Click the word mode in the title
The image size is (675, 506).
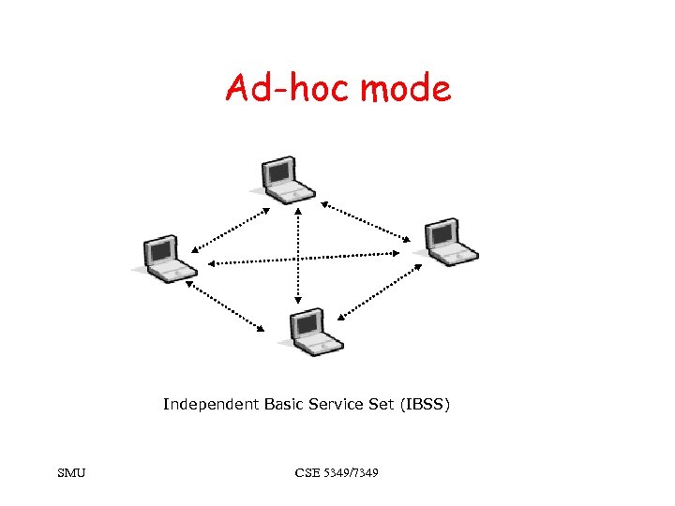[x=406, y=89]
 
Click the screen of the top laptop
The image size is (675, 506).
[x=278, y=171]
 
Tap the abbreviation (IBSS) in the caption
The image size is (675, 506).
[x=426, y=405]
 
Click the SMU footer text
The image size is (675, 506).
[x=70, y=473]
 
